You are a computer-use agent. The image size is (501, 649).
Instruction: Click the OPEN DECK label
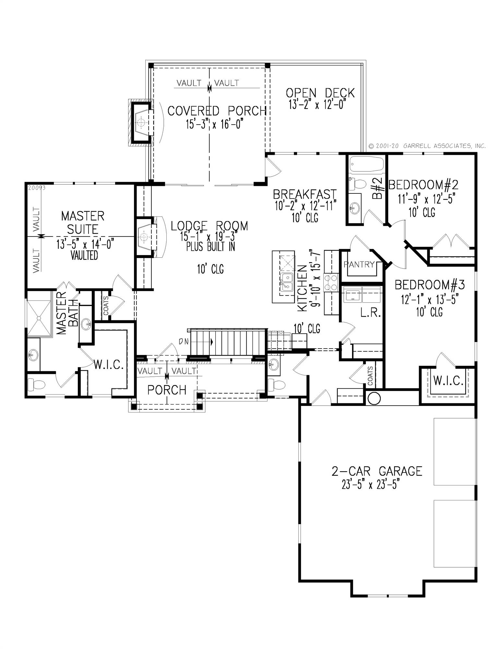[x=320, y=93]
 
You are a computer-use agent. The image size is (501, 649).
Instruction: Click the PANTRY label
[x=359, y=264]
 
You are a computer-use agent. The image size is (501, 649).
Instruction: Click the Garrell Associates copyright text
[x=427, y=146]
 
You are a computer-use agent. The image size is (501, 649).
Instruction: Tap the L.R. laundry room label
[x=370, y=313]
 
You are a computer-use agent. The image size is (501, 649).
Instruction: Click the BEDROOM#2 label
[x=423, y=185]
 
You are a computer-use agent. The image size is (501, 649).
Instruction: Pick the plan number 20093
[x=37, y=188]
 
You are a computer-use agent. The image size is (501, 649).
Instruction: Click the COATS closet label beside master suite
[x=106, y=305]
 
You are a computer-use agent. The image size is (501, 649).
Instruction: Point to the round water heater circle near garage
[x=374, y=398]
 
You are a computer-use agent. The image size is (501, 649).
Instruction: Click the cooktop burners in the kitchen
[x=331, y=282]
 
